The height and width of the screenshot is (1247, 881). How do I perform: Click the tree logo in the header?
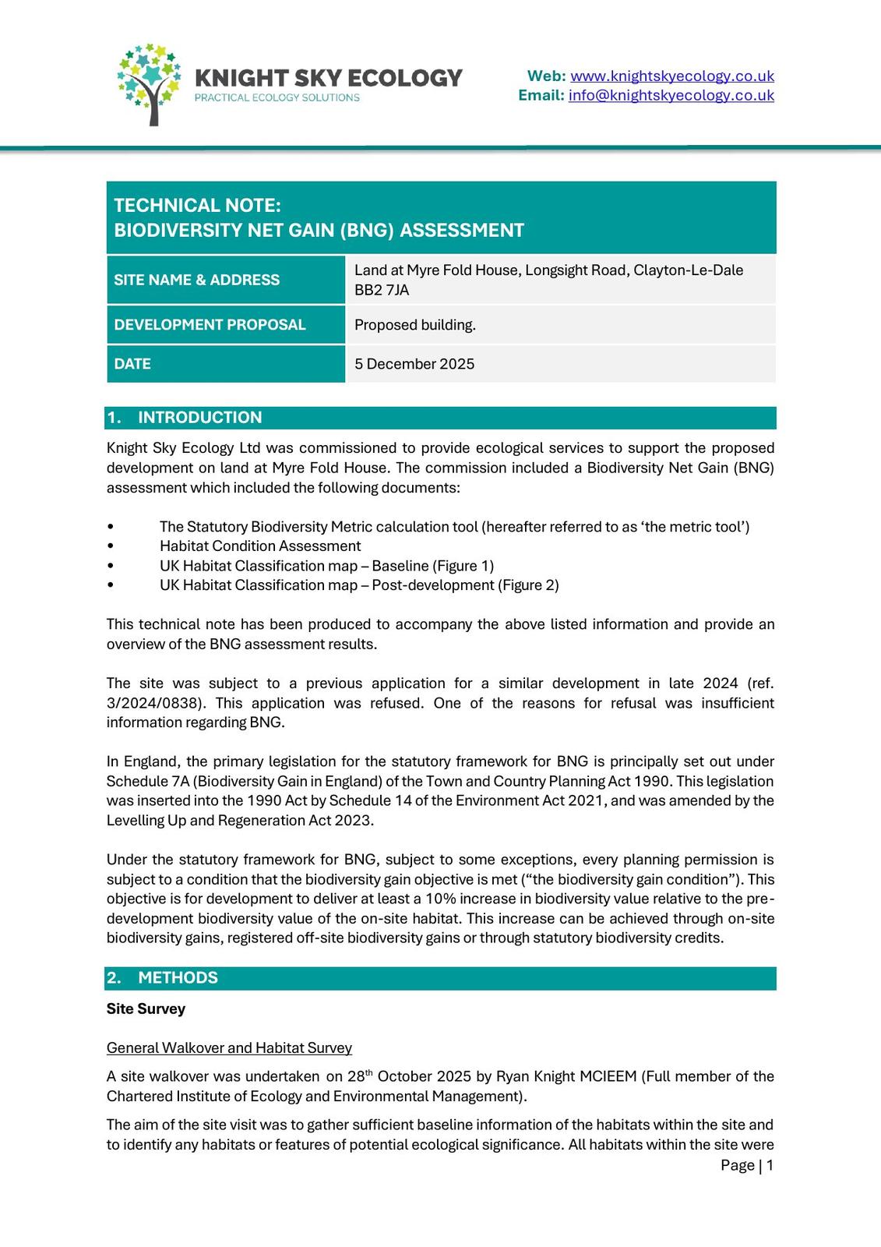(150, 84)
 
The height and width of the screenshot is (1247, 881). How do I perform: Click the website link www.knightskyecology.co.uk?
(671, 76)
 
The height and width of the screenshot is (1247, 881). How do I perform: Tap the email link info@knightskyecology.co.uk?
(671, 95)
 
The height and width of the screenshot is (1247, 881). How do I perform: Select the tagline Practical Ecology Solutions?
(277, 98)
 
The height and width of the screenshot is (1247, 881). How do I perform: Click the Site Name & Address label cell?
(225, 280)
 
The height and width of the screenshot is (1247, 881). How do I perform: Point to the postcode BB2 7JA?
(382, 290)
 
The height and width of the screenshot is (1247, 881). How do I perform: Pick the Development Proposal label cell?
(225, 324)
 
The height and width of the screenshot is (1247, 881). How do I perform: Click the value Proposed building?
(414, 325)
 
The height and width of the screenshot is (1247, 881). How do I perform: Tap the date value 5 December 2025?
(414, 364)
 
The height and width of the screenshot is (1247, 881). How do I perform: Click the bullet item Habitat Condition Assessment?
(260, 546)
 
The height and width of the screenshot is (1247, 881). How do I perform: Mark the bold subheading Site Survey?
(146, 1009)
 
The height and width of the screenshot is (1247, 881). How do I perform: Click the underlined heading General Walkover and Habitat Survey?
(229, 1047)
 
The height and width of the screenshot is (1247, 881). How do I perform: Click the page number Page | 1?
(746, 1165)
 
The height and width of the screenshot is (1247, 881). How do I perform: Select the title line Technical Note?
(197, 206)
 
